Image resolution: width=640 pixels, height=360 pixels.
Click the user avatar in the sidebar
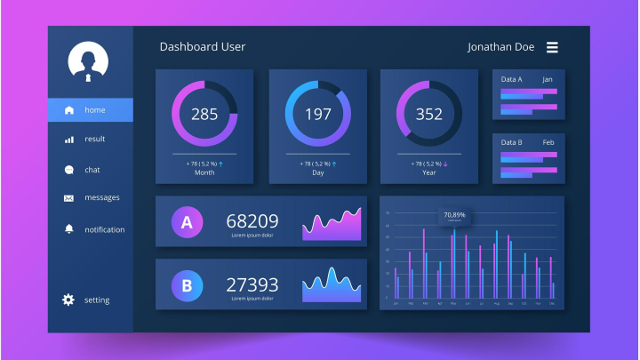coord(88,61)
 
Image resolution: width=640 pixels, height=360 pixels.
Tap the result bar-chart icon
coord(68,140)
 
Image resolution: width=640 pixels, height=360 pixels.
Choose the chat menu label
coord(92,170)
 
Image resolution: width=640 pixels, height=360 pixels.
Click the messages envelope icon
coord(68,198)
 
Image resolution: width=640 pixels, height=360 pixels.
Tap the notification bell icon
coord(68,229)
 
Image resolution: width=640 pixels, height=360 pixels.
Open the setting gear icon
coord(68,300)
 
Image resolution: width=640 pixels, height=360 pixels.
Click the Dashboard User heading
coord(202,46)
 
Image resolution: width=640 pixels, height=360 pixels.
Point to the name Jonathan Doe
coord(501,47)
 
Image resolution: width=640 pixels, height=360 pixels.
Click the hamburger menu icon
coord(552,47)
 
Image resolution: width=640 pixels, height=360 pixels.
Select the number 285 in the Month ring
coord(204,114)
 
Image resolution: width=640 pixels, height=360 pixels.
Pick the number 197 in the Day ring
coord(318,114)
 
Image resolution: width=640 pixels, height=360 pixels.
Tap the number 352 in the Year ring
coord(428,114)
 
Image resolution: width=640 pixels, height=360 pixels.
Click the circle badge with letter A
coord(187,222)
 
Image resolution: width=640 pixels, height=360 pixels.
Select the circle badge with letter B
coord(187,285)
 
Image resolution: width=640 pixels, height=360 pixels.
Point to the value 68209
coord(252,220)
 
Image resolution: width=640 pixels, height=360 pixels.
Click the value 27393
coord(252,284)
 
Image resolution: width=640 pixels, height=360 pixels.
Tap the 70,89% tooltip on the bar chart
coord(454,215)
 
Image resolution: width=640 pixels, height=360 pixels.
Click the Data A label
coord(511,80)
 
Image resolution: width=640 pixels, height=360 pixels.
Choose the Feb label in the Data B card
coord(548,142)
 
